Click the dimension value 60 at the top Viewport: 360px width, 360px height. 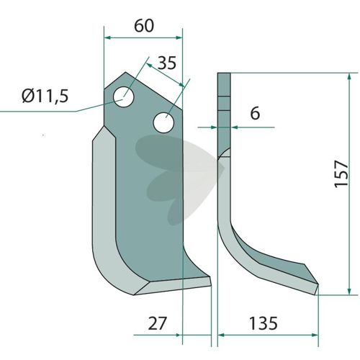tap(144, 26)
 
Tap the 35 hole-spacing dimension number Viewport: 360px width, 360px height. tap(167, 63)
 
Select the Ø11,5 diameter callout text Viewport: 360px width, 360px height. tap(45, 96)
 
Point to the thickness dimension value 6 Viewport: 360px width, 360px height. tap(255, 113)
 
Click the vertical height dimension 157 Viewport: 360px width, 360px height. tap(341, 174)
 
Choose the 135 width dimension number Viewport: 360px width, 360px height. tap(264, 323)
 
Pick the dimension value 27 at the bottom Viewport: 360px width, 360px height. tap(157, 323)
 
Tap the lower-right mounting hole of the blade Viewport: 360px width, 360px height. tap(163, 122)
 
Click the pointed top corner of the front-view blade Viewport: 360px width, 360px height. tap(125, 72)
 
